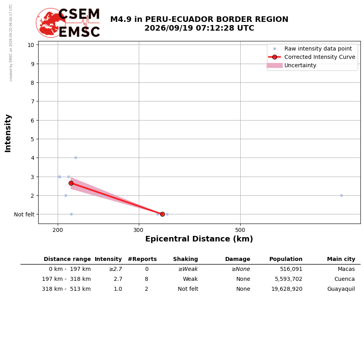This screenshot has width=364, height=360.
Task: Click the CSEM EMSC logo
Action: (68, 23)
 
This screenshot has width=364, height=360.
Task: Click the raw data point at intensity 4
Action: (76, 158)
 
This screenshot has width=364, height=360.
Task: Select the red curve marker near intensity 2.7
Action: (71, 183)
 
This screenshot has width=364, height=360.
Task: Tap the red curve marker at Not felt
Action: (162, 214)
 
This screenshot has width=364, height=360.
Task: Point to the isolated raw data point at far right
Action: (341, 196)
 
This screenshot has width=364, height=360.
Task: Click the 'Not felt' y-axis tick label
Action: (24, 214)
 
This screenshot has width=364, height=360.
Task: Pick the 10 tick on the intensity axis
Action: (31, 45)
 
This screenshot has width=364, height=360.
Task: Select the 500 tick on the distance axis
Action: (240, 230)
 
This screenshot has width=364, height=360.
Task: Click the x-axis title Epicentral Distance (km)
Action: (199, 239)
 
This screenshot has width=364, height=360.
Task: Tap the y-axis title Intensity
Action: (8, 133)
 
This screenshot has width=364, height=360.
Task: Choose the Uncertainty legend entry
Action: (291, 66)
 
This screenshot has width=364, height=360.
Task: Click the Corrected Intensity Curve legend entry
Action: (311, 57)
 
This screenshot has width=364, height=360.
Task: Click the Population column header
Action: (286, 259)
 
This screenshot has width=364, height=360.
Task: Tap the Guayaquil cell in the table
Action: (341, 289)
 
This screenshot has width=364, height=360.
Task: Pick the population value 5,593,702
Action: (288, 279)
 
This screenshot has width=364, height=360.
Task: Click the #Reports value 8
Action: (146, 279)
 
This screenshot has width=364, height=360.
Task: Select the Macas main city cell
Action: (346, 269)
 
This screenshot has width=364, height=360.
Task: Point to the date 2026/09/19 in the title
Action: (169, 28)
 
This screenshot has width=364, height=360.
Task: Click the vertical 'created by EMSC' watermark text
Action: (11, 43)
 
